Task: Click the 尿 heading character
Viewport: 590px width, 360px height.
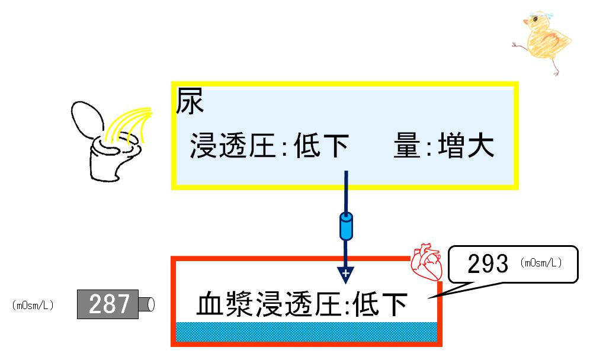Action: tap(190, 103)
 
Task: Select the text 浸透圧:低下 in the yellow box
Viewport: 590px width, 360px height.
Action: tap(268, 146)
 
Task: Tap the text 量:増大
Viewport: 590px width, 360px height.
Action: tap(443, 146)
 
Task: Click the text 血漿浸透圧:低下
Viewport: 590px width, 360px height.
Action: tap(302, 306)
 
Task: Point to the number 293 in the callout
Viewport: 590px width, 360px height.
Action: tap(488, 265)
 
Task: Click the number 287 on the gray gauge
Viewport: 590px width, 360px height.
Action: tap(109, 304)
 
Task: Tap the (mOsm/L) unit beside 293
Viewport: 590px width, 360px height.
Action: tap(542, 263)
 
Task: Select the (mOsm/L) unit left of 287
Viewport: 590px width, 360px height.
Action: tap(33, 306)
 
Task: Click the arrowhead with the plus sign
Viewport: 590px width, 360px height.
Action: tap(345, 274)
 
